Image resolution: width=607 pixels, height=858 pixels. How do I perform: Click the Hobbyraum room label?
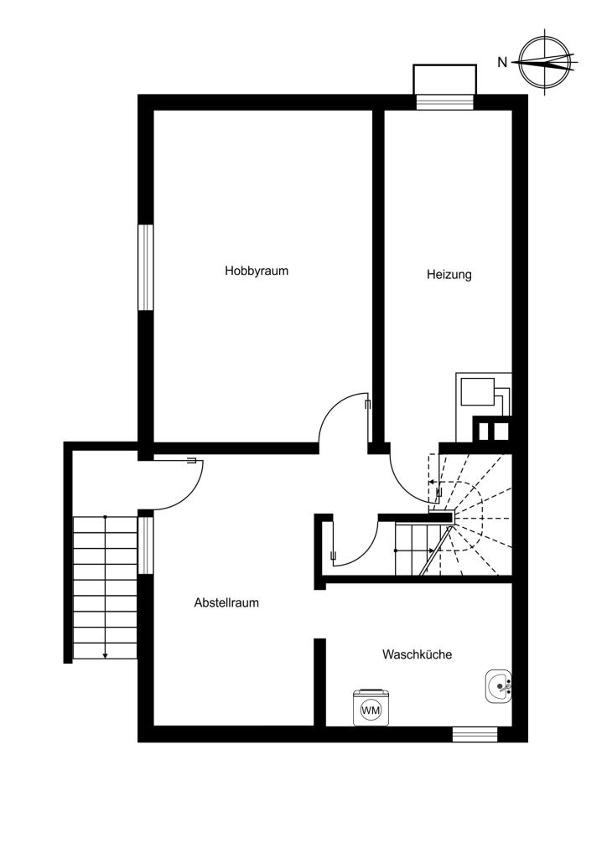257,271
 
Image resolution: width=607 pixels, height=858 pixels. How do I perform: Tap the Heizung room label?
449,274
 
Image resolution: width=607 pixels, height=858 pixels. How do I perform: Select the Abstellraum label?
226,603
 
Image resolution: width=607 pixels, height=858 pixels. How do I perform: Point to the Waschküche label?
417,654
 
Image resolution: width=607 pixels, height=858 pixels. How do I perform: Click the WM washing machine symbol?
371,710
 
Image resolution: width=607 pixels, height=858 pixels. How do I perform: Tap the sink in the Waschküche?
498,686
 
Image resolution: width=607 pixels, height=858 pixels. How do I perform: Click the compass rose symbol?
545,61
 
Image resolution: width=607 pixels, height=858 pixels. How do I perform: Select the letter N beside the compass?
502,62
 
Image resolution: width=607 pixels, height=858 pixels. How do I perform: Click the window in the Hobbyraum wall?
145,267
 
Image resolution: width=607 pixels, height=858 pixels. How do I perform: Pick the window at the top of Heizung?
444,102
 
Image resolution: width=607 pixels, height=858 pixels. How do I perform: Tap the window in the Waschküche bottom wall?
475,734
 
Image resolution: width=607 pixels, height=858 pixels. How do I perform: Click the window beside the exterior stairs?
145,545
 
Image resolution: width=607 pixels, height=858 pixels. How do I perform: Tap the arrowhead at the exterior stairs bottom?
105,655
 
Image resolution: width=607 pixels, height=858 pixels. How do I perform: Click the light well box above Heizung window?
444,80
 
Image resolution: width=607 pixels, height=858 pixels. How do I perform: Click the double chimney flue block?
492,430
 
